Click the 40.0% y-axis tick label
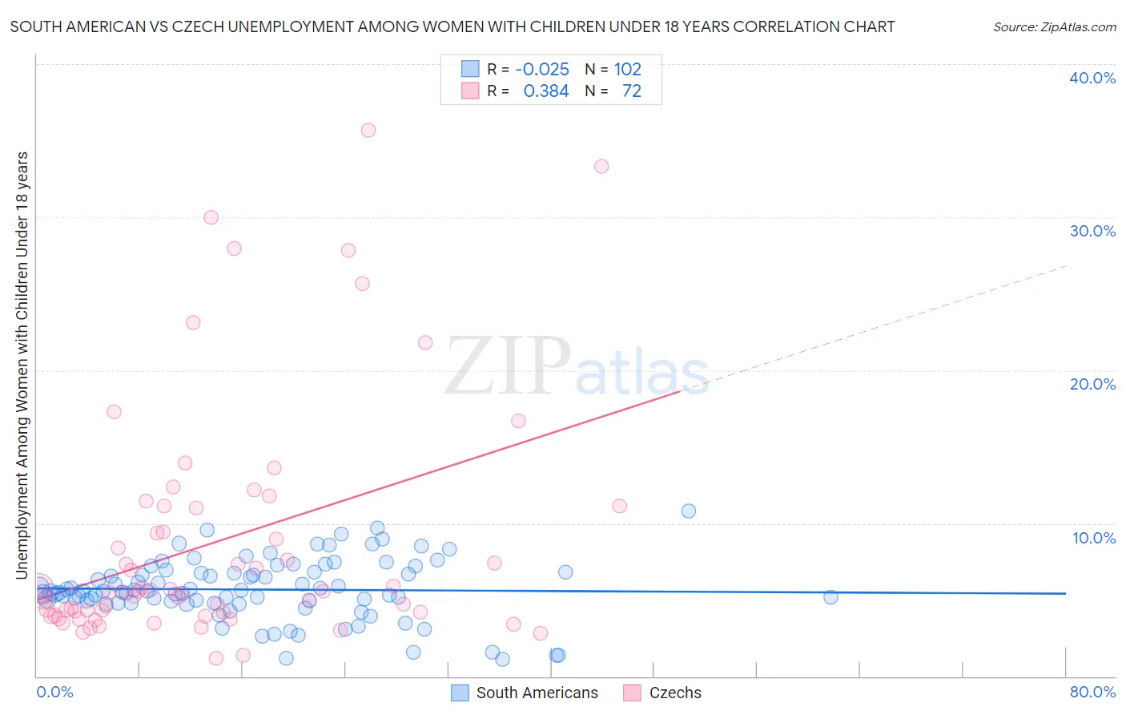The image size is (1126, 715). pos(1092,78)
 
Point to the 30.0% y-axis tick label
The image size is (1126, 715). pos(1092,231)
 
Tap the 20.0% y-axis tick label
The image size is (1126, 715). pos(1092,384)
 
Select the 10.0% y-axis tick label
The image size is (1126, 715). pos(1094,538)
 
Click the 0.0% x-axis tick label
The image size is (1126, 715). pos(54,692)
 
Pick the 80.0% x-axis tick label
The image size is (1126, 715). pos(1092,692)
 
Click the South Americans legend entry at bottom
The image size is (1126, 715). pos(537,693)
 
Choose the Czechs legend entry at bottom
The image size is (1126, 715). pos(674,693)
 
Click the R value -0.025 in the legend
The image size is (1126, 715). pos(542,69)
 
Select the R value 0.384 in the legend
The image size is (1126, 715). pos(546,91)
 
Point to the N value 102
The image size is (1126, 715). pos(628,69)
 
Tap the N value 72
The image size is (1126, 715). pos(632,91)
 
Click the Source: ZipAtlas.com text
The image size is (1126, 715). pos(1054,26)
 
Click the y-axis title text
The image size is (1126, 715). pos(22,365)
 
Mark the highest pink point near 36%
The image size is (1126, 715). pos(368,130)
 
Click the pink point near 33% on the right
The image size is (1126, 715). pos(601,166)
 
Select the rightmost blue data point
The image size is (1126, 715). pos(830,597)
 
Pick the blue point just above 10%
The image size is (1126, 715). pos(689,511)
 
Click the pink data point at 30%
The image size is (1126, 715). pos(211,217)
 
